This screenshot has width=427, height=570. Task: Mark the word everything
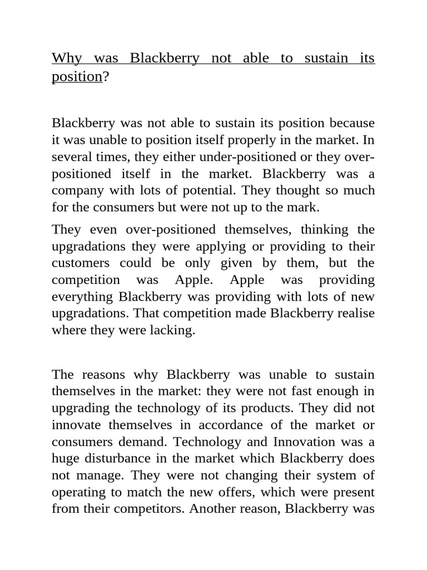83,296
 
